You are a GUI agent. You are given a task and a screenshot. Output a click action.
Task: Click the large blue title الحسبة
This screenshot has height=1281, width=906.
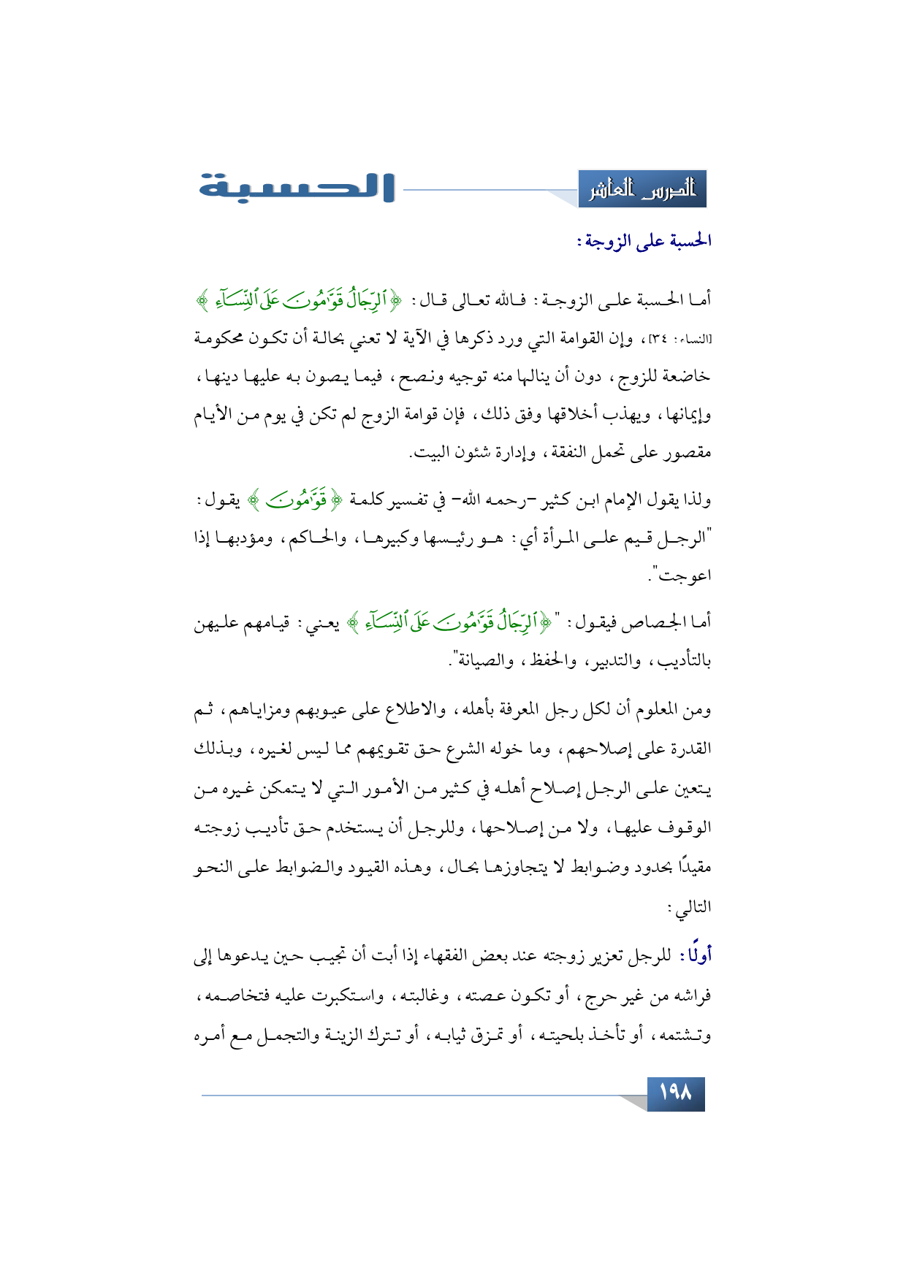pyautogui.click(x=297, y=188)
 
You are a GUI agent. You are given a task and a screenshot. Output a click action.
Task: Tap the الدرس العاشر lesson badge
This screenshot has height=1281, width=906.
pyautogui.click(x=642, y=190)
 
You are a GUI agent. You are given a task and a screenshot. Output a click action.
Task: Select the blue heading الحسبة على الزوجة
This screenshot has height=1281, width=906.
pyautogui.click(x=644, y=241)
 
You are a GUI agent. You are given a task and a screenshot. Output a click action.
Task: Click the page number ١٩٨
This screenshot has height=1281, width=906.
pyautogui.click(x=675, y=1093)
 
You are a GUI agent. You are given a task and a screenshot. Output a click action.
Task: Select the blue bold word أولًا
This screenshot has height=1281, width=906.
pyautogui.click(x=696, y=955)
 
